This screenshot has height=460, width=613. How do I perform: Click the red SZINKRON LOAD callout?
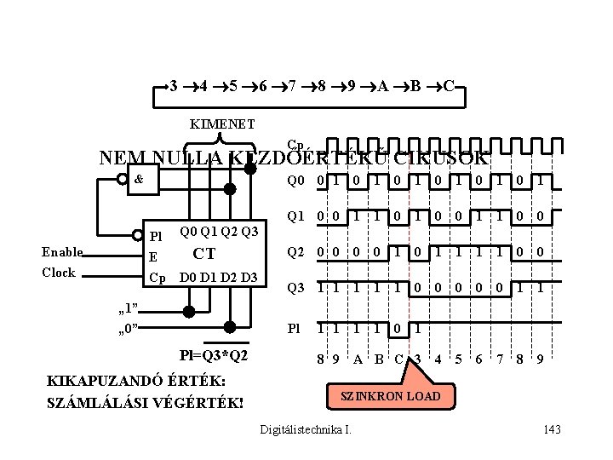click(391, 396)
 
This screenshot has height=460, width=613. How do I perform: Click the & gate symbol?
click(138, 179)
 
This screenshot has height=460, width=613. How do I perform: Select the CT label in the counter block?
click(204, 253)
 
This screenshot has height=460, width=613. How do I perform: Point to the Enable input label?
click(62, 252)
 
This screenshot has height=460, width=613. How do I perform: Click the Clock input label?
click(59, 273)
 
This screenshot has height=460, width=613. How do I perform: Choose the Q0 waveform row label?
click(295, 181)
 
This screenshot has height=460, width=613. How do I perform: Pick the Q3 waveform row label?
click(295, 288)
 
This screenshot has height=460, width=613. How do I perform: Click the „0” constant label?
click(128, 327)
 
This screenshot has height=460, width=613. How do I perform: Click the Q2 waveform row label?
click(295, 252)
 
